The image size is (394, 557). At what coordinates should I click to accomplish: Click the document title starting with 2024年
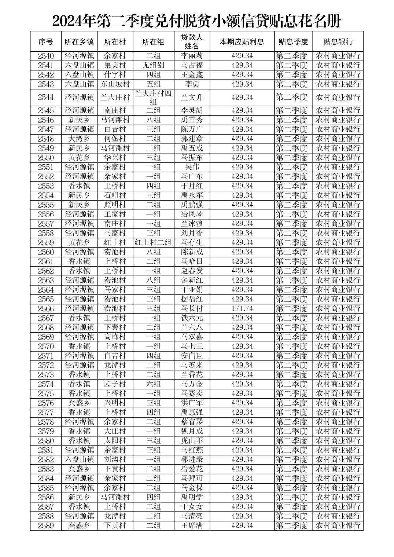point(196,21)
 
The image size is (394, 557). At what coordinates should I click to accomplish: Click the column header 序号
point(45,42)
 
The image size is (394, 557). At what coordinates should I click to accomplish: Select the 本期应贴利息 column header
point(242,42)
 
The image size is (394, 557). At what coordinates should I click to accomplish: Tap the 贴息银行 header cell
point(338,42)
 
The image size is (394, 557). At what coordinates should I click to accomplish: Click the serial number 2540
point(45,56)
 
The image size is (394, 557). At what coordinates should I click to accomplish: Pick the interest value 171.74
point(242,308)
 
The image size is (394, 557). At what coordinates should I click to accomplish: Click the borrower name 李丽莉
point(192,56)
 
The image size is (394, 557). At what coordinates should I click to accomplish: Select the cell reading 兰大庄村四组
point(153,98)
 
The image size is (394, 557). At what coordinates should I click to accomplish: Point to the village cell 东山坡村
point(115,84)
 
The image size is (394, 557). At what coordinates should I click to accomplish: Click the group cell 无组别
point(153,65)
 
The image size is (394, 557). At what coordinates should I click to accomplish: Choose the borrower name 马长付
point(192,308)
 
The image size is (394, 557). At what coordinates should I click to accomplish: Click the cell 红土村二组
point(153,242)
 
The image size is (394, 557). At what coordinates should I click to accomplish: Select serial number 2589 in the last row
point(45,526)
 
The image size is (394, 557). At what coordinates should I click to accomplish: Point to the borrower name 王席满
point(192,526)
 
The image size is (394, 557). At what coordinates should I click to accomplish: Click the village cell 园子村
point(115,384)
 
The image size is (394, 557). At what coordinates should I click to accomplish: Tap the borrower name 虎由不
point(192,441)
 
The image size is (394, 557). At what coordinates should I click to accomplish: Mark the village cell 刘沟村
point(115,459)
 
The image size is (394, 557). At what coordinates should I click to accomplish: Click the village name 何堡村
point(115,139)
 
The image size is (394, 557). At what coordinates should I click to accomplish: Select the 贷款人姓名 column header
point(192,42)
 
